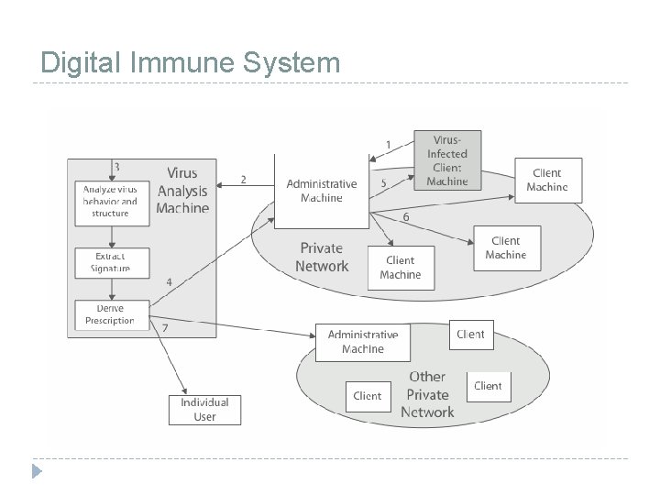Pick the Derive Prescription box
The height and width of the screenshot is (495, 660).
tap(110, 314)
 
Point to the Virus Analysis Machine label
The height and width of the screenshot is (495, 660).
tap(182, 191)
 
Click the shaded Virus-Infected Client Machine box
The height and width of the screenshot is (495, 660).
tap(446, 159)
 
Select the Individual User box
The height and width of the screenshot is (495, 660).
tap(204, 409)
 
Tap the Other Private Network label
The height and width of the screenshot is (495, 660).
tap(427, 394)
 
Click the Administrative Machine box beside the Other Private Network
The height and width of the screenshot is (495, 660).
tap(363, 342)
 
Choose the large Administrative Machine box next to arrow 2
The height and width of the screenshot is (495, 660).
tap(321, 191)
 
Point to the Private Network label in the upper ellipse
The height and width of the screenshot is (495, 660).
tap(322, 257)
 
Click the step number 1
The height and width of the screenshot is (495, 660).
tap(388, 145)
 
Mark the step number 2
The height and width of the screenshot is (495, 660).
tap(243, 180)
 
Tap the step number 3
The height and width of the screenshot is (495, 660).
tap(116, 167)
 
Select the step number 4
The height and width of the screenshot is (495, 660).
tap(169, 281)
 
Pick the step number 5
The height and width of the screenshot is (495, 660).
tap(384, 183)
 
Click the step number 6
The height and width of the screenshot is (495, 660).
tap(406, 217)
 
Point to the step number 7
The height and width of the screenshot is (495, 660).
tap(165, 327)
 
